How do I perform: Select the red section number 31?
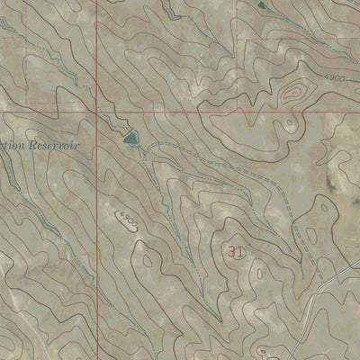click(x=236, y=253)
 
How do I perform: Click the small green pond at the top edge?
click(x=262, y=4)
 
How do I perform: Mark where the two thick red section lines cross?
click(x=96, y=112)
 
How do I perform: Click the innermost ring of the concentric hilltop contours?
click(x=292, y=93)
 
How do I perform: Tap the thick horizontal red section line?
click(x=225, y=112)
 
